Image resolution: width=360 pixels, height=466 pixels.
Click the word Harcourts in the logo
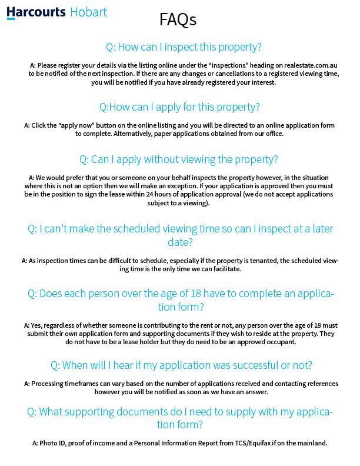36,11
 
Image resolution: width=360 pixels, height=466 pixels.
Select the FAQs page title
178,20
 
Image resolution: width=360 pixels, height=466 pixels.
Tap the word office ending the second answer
274,134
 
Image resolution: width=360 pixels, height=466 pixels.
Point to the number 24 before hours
151,195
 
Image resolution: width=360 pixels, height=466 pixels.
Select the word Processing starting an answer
50,384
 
